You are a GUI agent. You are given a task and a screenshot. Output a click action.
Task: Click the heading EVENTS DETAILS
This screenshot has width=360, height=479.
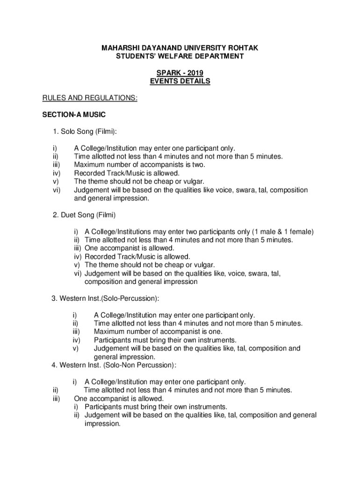tap(180, 81)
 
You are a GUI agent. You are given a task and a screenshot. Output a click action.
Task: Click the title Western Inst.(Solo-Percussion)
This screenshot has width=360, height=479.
tap(108, 298)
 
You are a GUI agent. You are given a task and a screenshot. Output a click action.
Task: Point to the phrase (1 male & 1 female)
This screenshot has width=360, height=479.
tap(283, 232)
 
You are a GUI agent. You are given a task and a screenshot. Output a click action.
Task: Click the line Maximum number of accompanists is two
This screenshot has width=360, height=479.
tap(140, 165)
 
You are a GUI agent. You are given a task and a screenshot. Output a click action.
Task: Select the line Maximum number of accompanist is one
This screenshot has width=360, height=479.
tap(158, 332)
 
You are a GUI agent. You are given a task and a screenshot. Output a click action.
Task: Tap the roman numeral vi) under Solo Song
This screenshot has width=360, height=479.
tap(57, 190)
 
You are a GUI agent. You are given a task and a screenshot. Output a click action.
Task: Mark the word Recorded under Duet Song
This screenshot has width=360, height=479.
tap(98, 257)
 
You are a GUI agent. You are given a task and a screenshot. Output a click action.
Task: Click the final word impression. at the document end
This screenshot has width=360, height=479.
tap(102, 424)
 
